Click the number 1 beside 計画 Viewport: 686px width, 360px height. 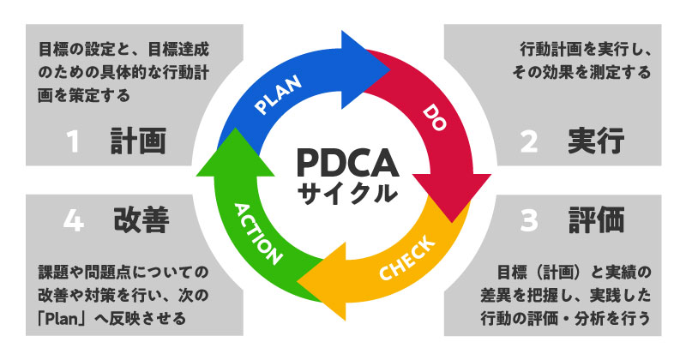pos(74,142)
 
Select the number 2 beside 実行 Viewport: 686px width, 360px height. pos(530,142)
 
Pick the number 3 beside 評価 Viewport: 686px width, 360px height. pos(529,220)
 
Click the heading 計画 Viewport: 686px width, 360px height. pos(138,141)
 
